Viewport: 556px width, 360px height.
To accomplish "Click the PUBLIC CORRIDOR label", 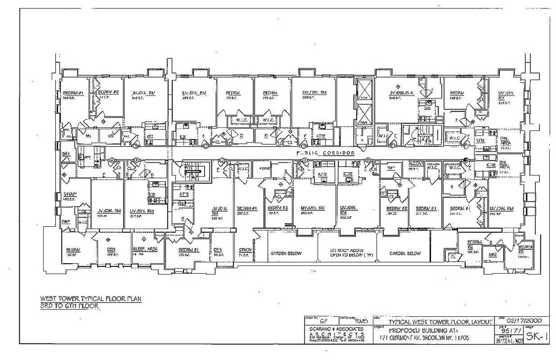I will click(325, 153).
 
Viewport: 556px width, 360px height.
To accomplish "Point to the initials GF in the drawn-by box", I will click(323, 322).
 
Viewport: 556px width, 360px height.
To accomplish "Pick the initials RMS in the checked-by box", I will click(361, 322).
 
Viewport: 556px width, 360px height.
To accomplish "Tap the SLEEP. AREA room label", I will click(145, 249).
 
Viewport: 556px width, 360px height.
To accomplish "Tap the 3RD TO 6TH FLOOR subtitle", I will click(69, 306).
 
